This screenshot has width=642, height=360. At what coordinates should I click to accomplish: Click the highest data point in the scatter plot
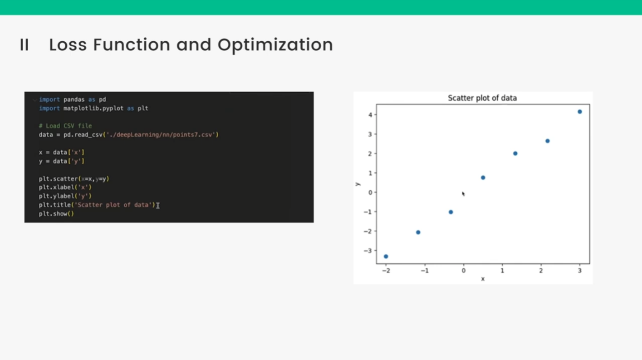(x=579, y=112)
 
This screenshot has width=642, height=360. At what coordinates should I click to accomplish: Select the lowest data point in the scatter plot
(x=386, y=256)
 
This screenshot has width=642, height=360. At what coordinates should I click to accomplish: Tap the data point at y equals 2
(x=515, y=153)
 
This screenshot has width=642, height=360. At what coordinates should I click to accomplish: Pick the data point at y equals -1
(x=451, y=212)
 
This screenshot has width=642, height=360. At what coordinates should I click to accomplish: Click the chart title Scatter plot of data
(x=482, y=98)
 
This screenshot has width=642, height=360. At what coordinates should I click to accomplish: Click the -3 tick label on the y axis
(x=368, y=251)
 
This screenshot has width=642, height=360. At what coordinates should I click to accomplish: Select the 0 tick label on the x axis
(x=463, y=271)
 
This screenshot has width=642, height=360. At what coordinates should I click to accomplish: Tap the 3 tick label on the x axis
(x=579, y=271)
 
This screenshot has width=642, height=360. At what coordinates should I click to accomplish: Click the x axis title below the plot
(x=483, y=279)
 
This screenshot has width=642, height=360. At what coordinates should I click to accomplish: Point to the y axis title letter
(x=358, y=184)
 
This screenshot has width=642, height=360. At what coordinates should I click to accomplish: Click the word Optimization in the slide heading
(x=275, y=45)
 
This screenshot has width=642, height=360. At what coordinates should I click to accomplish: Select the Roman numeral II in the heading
(x=25, y=45)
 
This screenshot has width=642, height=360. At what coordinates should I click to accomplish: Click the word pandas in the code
(x=74, y=99)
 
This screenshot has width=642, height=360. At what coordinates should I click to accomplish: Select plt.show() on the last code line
(x=56, y=214)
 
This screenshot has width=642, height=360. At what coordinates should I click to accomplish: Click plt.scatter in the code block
(x=58, y=179)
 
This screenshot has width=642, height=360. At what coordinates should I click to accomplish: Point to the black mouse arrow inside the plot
(x=463, y=194)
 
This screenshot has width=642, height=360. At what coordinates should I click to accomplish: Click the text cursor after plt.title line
(x=157, y=205)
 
